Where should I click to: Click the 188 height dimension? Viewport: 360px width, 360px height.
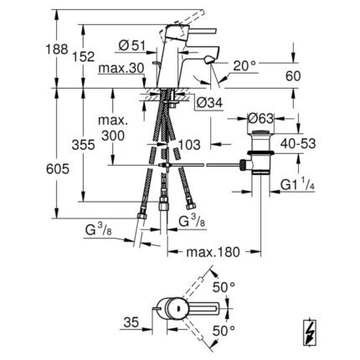click(x=57, y=49)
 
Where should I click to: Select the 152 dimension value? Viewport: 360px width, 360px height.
click(x=84, y=57)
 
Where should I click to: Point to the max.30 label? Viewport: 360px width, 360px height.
click(x=121, y=68)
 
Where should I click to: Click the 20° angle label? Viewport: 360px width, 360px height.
click(x=244, y=66)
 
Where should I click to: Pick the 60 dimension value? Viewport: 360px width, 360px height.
click(x=293, y=76)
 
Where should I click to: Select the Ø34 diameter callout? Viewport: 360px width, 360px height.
click(x=209, y=103)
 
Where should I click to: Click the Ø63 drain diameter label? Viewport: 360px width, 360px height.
click(x=260, y=119)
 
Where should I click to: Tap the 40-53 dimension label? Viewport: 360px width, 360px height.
click(x=298, y=144)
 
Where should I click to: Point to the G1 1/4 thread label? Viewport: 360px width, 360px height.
click(x=297, y=185)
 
